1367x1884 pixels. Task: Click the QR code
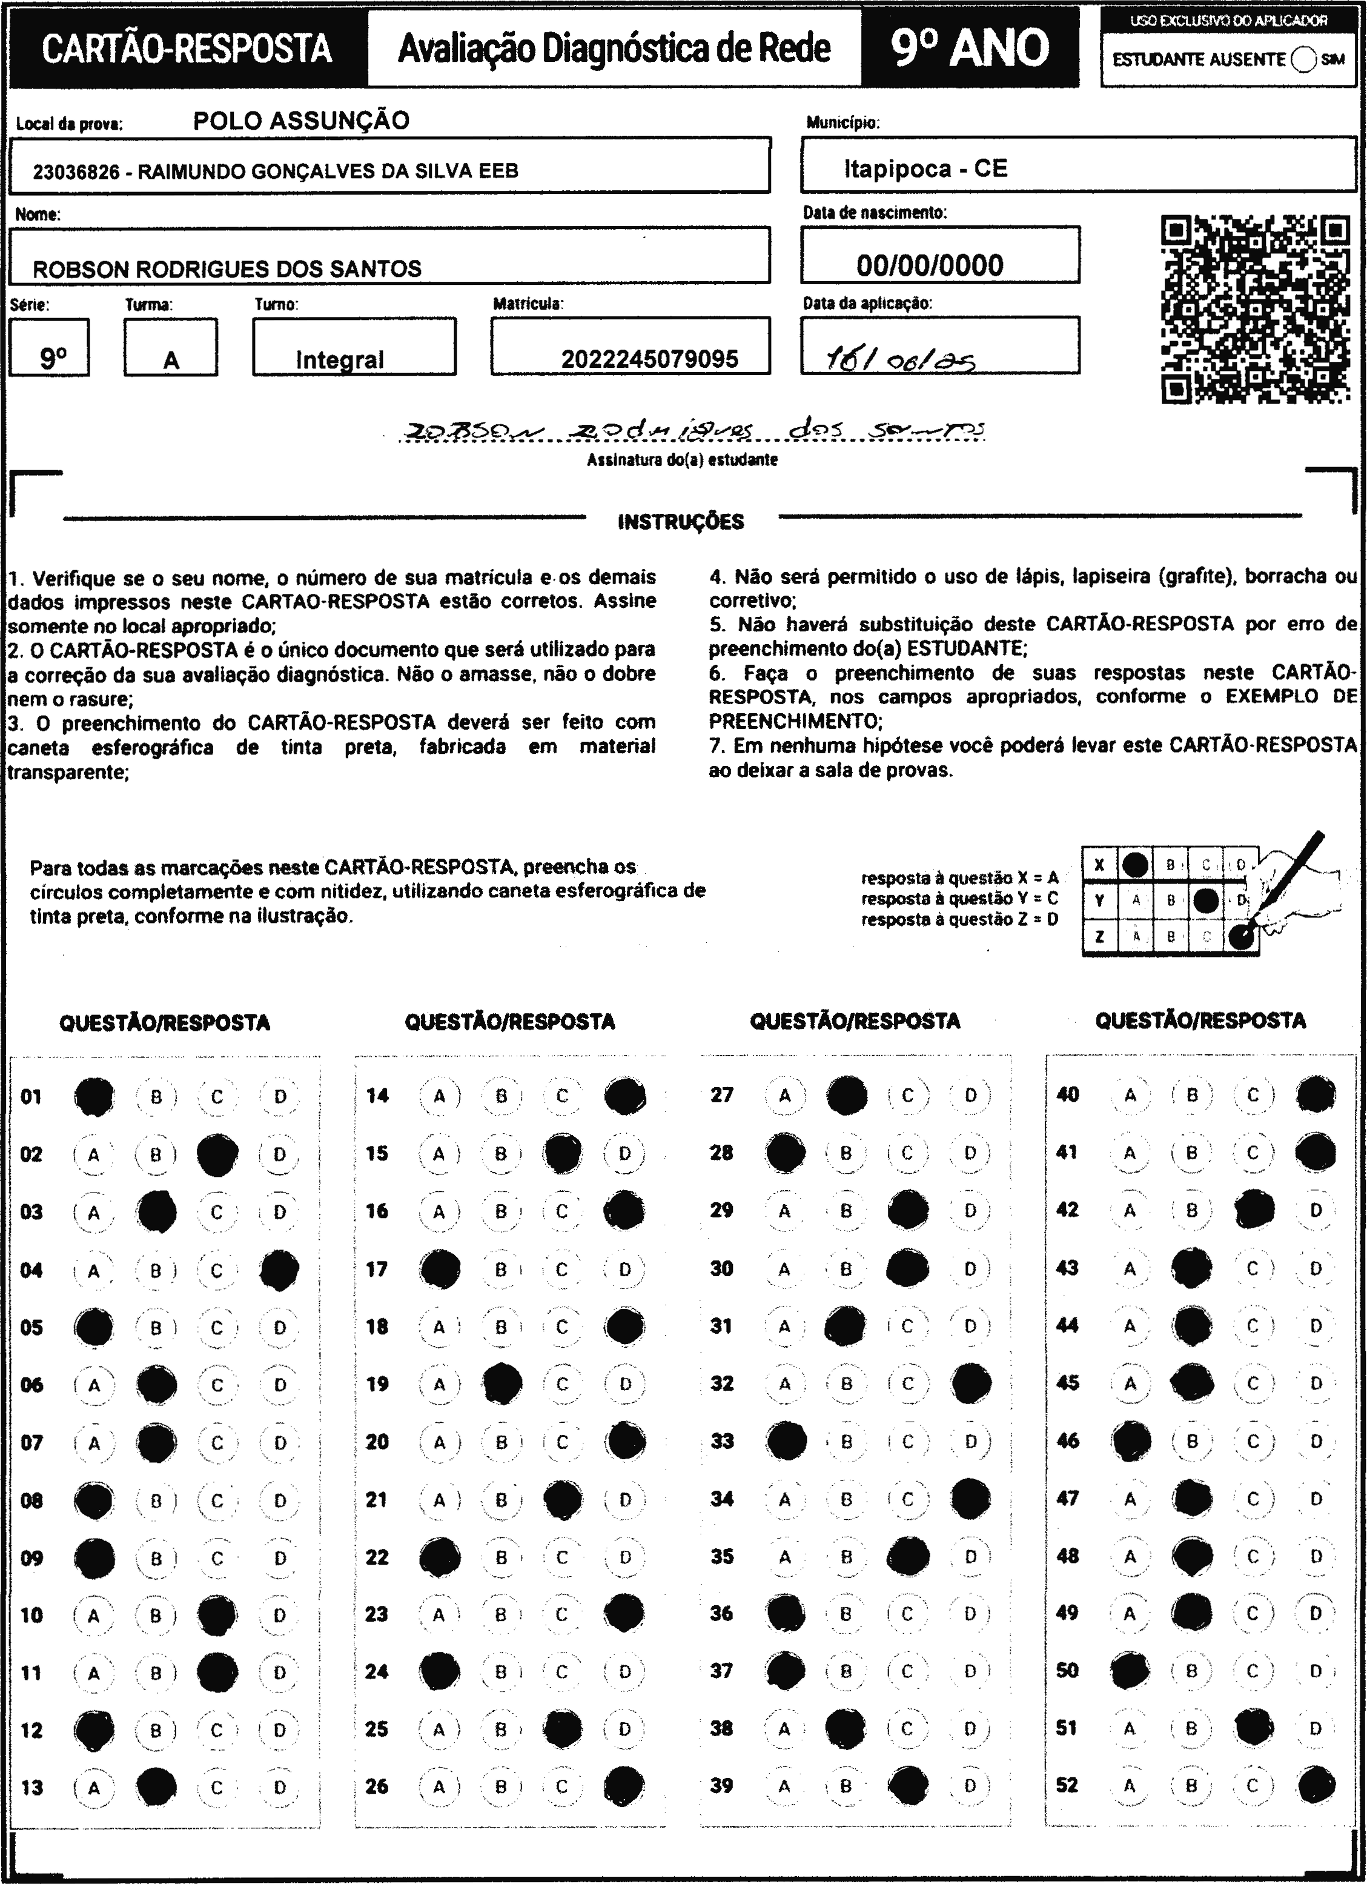click(x=1255, y=309)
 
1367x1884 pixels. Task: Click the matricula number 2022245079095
click(x=649, y=359)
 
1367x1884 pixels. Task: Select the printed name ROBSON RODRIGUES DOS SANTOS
click(x=227, y=268)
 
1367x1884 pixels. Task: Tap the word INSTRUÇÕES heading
click(x=681, y=522)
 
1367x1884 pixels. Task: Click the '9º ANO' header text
click(x=970, y=48)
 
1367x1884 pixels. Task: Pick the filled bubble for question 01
click(x=94, y=1096)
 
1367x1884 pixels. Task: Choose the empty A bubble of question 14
click(x=439, y=1096)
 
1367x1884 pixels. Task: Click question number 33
click(x=722, y=1440)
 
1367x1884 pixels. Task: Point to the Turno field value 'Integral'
click(x=340, y=360)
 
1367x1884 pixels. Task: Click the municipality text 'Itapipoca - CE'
click(x=925, y=168)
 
